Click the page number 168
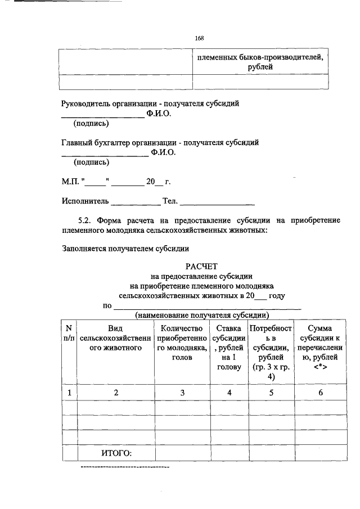click(x=199, y=38)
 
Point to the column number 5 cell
click(x=271, y=393)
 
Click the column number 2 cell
click(x=116, y=393)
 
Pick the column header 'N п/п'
click(x=69, y=333)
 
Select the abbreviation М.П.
click(x=71, y=182)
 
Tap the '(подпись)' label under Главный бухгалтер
click(x=92, y=162)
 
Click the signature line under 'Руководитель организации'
click(x=102, y=116)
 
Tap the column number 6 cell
click(x=319, y=393)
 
